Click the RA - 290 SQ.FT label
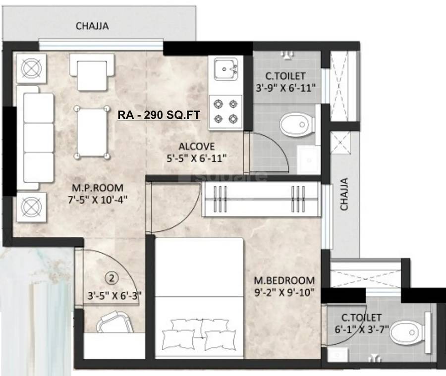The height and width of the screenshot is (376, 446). pyautogui.click(x=159, y=115)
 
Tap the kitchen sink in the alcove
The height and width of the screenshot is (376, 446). pyautogui.click(x=225, y=69)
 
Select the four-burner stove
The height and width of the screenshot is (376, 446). pyautogui.click(x=225, y=111)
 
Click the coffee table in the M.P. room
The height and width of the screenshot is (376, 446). pyautogui.click(x=92, y=132)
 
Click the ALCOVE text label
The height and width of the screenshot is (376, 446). pyautogui.click(x=197, y=147)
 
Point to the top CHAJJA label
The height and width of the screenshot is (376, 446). pyautogui.click(x=92, y=26)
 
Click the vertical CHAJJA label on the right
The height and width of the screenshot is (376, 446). pyautogui.click(x=344, y=195)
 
